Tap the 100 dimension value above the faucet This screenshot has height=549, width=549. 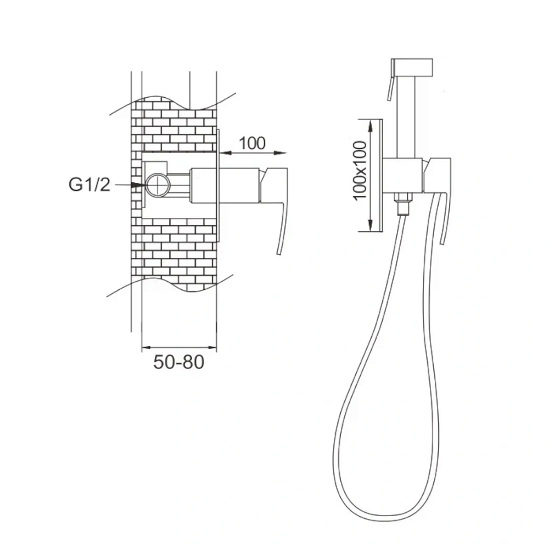252,143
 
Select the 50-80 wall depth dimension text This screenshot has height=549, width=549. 178,362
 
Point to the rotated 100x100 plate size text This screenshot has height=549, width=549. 360,171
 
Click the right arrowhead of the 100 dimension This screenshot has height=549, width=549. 280,153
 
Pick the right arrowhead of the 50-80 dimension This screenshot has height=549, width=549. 212,348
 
